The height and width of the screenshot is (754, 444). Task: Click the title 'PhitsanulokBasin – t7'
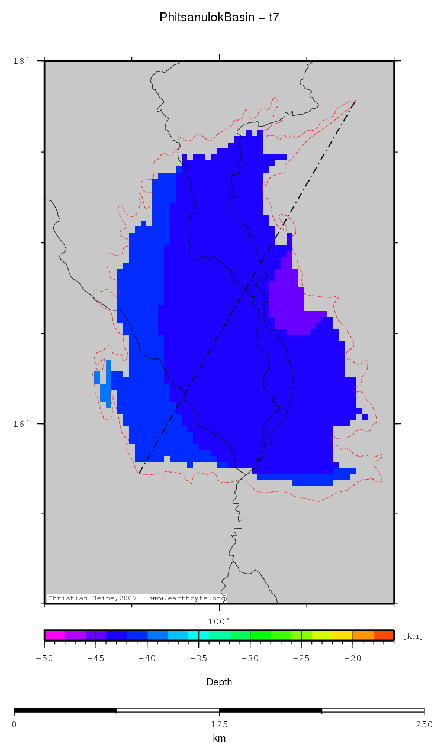click(x=219, y=18)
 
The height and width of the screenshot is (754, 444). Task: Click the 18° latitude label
click(x=21, y=61)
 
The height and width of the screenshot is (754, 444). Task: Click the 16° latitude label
click(x=21, y=424)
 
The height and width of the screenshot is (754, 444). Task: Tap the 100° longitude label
click(x=219, y=622)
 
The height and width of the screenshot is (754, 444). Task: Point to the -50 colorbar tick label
click(x=44, y=659)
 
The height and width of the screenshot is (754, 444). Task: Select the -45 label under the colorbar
click(x=96, y=659)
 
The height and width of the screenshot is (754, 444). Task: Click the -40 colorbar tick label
click(x=147, y=659)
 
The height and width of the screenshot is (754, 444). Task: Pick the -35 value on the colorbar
click(x=199, y=659)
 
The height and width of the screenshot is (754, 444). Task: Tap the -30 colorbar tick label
click(x=250, y=659)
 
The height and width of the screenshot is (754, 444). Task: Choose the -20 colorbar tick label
click(x=353, y=659)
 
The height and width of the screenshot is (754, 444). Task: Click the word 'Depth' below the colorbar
click(x=219, y=682)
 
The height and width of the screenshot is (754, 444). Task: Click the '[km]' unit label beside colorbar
click(x=413, y=636)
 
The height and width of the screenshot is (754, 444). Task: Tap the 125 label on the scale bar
click(x=219, y=724)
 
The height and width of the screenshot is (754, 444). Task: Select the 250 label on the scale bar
click(x=424, y=724)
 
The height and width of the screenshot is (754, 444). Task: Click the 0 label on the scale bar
click(x=14, y=724)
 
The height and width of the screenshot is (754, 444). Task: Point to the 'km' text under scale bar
click(x=219, y=738)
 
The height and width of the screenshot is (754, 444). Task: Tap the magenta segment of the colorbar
click(x=54, y=636)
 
